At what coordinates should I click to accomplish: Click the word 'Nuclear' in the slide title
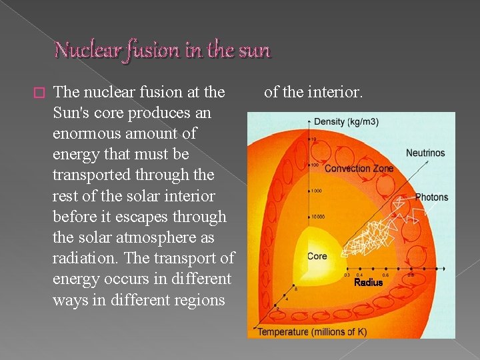[x=81, y=49]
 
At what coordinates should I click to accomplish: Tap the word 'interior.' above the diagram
[x=333, y=92]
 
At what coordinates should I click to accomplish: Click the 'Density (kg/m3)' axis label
[x=347, y=121]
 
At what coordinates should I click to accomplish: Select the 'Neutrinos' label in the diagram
[x=425, y=153]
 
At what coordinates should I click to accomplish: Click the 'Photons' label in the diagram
[x=431, y=197]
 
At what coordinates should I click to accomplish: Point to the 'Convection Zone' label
[x=359, y=169]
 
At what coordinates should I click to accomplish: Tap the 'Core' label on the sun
[x=317, y=257]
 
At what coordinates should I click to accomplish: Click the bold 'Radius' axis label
[x=368, y=283]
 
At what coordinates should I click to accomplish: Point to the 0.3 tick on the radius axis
[x=347, y=275]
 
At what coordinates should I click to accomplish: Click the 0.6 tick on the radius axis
[x=385, y=275]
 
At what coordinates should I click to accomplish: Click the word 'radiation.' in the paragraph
[x=83, y=258]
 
